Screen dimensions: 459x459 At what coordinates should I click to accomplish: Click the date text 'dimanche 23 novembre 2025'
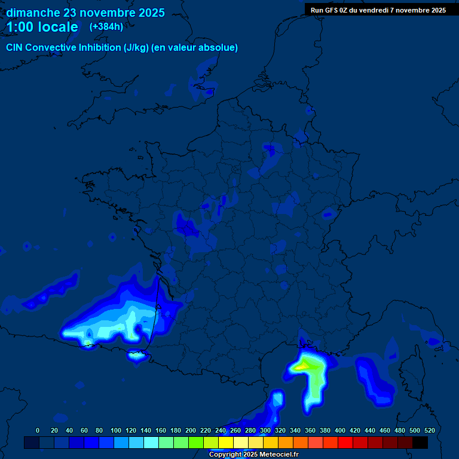(85, 13)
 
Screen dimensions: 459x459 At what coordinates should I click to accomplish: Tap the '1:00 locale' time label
(42, 27)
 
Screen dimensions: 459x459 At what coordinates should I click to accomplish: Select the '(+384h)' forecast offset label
(106, 27)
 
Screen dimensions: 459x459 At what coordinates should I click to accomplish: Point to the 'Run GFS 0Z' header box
(378, 10)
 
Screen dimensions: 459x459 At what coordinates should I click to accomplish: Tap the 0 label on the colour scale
(38, 430)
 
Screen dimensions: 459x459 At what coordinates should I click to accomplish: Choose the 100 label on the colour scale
(116, 430)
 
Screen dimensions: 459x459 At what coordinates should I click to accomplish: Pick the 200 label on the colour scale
(191, 430)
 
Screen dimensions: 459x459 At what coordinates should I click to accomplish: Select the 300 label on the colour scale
(265, 430)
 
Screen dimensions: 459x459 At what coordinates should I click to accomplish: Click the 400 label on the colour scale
(340, 430)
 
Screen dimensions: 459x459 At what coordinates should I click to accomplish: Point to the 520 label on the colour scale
(429, 430)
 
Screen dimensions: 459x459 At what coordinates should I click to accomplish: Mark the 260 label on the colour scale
(235, 430)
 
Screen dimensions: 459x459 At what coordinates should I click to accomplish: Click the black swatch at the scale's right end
(420, 442)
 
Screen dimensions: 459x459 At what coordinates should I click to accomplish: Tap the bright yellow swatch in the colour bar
(226, 442)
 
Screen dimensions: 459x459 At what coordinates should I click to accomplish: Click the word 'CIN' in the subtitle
(15, 48)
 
